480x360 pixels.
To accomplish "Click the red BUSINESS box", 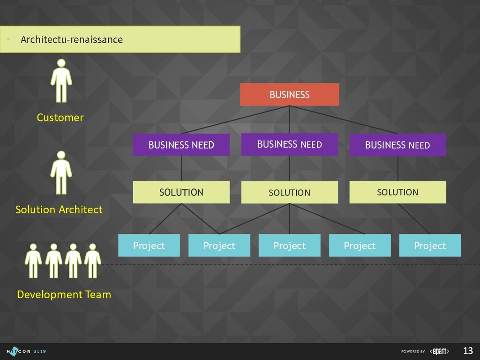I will (289, 95).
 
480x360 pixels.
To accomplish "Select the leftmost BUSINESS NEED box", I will (181, 145).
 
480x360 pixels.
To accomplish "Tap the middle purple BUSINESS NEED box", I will (289, 144).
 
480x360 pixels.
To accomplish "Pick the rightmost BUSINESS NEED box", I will (397, 145).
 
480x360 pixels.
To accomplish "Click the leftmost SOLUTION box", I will (181, 192).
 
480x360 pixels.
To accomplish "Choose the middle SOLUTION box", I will (289, 192).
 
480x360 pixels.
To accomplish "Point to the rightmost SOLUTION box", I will (397, 192).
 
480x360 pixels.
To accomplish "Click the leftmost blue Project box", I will (149, 246).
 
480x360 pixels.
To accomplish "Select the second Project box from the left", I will (219, 246).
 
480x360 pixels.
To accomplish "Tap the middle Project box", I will (289, 246).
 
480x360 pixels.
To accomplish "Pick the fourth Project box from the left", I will (360, 246).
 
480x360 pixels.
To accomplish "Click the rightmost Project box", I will (430, 246).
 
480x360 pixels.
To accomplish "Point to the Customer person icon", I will (61, 81).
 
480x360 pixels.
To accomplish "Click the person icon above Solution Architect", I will (61, 172).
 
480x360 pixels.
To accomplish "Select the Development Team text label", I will (64, 294).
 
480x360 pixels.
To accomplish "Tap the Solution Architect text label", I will (59, 210).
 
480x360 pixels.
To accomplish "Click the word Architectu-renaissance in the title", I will (72, 39).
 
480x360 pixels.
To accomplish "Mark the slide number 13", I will (468, 351).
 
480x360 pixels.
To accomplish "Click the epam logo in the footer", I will (440, 351).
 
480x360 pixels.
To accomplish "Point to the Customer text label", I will (60, 118).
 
